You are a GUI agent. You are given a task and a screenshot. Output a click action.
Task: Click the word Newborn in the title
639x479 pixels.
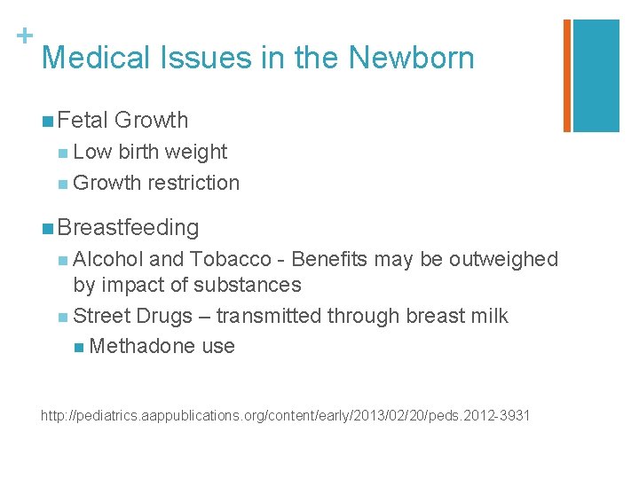[x=411, y=58]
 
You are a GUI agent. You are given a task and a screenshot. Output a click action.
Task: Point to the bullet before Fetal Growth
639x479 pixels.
[x=45, y=121]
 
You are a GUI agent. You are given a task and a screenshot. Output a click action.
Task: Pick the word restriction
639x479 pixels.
[x=193, y=183]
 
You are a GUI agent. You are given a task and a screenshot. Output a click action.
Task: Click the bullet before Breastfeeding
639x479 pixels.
[x=45, y=228]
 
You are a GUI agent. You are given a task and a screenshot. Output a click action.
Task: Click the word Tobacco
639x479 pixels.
[x=231, y=259]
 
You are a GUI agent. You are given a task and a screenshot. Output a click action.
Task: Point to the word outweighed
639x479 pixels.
[x=503, y=259]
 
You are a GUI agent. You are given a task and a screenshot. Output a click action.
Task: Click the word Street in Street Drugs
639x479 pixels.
[x=101, y=316]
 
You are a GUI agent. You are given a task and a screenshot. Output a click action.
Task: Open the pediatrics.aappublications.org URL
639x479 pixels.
[x=285, y=414]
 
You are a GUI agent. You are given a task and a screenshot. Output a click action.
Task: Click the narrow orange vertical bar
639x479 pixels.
[x=567, y=75]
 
